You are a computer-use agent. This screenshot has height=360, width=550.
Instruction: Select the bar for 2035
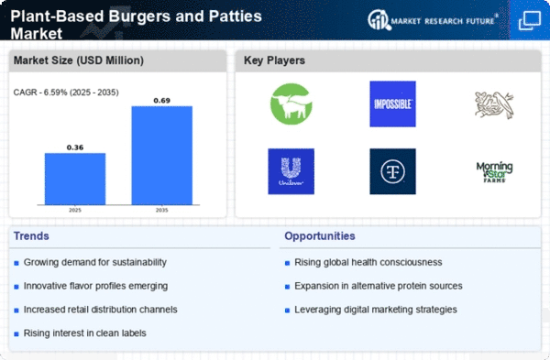(161, 155)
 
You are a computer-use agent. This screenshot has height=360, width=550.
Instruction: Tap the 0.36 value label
(75, 146)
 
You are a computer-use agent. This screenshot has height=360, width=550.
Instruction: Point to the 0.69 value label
(161, 99)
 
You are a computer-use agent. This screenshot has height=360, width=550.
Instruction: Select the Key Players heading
(275, 61)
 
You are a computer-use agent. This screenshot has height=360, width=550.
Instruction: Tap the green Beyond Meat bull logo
(291, 104)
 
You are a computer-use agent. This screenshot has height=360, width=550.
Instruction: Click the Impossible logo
(392, 104)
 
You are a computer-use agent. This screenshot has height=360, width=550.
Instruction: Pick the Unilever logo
(291, 171)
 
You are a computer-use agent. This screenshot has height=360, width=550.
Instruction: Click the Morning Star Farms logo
(494, 171)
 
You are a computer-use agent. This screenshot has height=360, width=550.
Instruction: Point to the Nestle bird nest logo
(494, 104)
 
